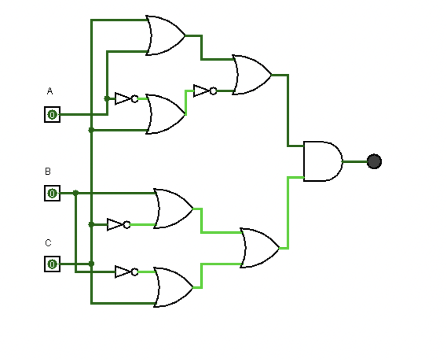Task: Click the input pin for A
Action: point(52,114)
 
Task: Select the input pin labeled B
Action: point(52,193)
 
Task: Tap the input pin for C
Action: point(52,264)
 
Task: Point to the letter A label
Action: point(49,91)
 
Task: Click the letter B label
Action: point(48,171)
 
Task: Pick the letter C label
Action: point(48,243)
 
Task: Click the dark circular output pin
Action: point(374,162)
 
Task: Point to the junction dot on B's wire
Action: point(76,193)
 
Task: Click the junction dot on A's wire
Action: point(107,99)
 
